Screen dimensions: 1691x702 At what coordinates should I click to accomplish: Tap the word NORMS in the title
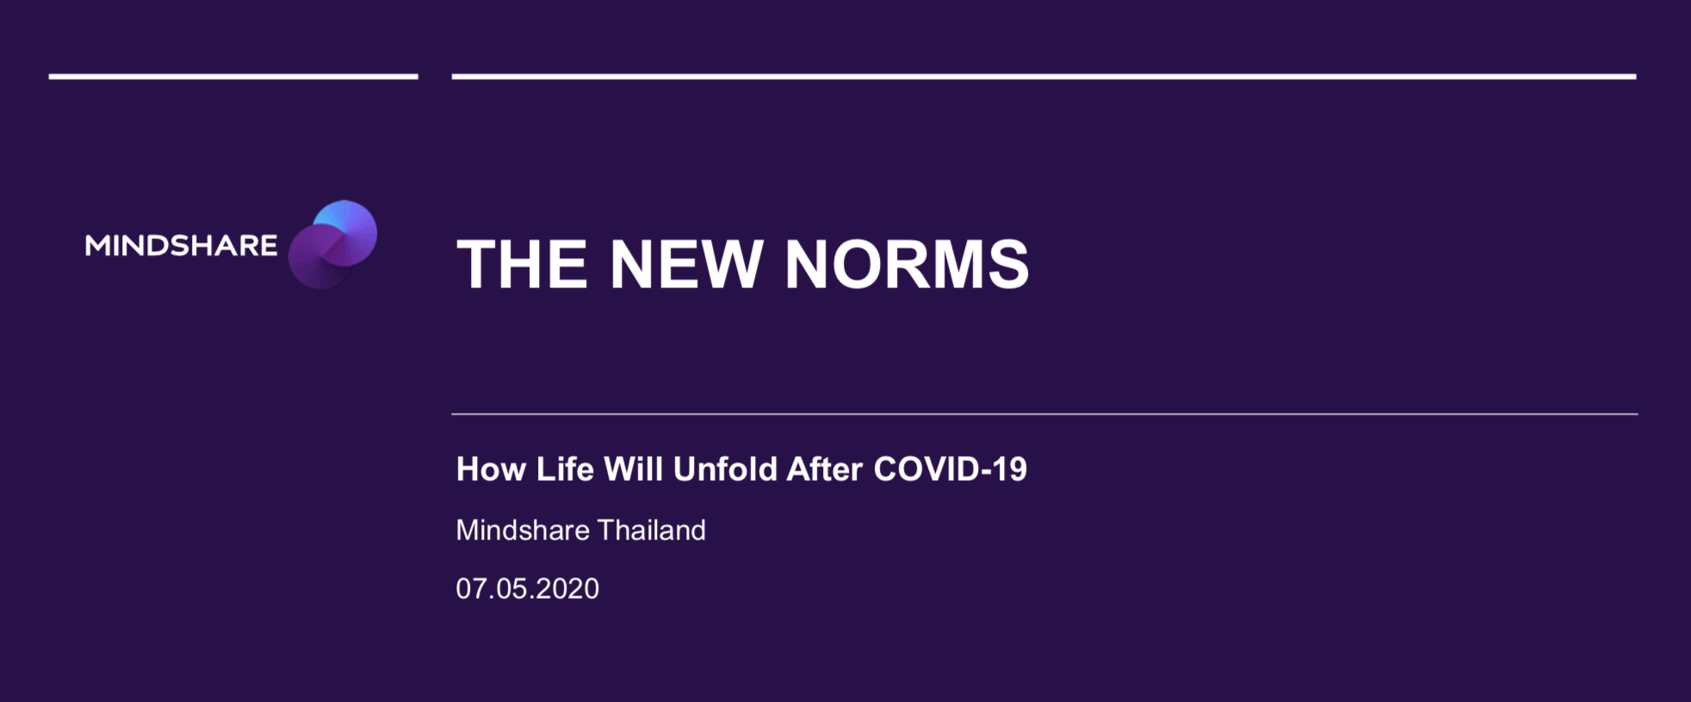pyautogui.click(x=907, y=264)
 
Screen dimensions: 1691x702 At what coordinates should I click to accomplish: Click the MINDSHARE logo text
pyautogui.click(x=181, y=245)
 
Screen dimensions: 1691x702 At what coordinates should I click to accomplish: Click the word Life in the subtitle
pyautogui.click(x=565, y=469)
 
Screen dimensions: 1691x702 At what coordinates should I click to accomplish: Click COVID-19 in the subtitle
pyautogui.click(x=951, y=469)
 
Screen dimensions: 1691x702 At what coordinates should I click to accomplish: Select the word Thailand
pyautogui.click(x=652, y=530)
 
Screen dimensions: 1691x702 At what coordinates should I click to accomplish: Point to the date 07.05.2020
pyautogui.click(x=527, y=588)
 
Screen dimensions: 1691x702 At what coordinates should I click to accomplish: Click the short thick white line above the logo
pyautogui.click(x=233, y=77)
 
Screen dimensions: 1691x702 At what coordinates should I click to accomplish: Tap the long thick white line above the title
pyautogui.click(x=1044, y=77)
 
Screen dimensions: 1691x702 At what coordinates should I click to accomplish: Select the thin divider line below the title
pyautogui.click(x=1044, y=414)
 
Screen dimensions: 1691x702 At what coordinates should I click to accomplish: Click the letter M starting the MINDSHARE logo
pyautogui.click(x=97, y=245)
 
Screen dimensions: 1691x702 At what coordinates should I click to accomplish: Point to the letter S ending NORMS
pyautogui.click(x=1009, y=264)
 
